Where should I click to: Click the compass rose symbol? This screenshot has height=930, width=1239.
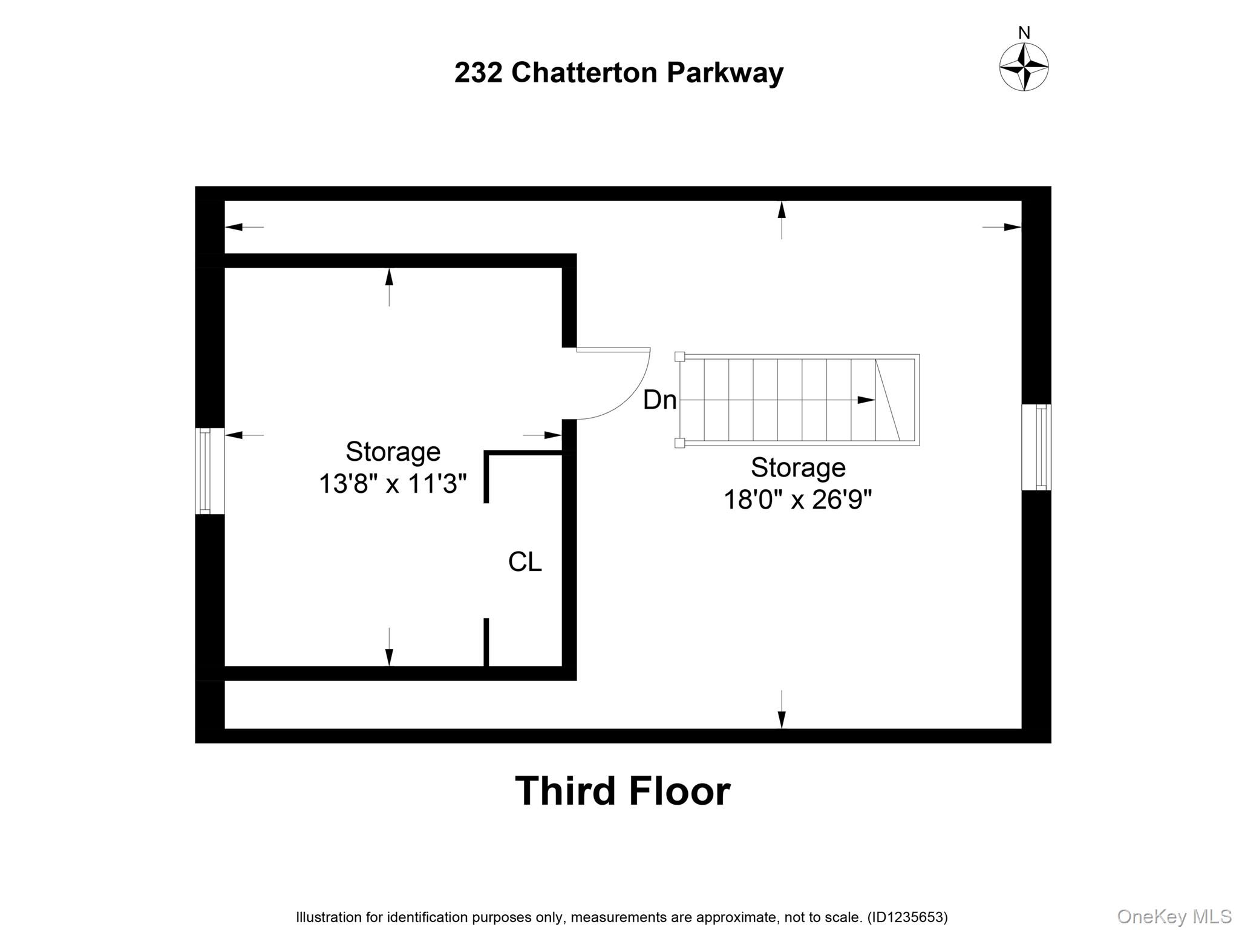click(x=1024, y=67)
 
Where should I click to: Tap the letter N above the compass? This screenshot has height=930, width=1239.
click(x=1024, y=33)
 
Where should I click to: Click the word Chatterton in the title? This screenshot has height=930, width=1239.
click(x=584, y=73)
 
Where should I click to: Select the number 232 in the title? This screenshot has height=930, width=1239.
click(x=479, y=73)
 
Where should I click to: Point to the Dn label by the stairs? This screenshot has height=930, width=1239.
click(x=659, y=400)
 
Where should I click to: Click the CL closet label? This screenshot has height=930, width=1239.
click(x=525, y=562)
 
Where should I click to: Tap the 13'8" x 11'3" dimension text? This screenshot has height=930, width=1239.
click(x=393, y=484)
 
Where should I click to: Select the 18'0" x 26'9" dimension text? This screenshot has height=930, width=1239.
click(x=797, y=500)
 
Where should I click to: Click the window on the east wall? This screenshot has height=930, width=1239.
click(x=1036, y=447)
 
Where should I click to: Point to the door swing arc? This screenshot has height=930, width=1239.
click(x=629, y=400)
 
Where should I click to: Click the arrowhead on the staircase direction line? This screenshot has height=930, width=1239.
click(x=866, y=400)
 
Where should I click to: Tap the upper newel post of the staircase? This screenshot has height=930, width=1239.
click(x=680, y=357)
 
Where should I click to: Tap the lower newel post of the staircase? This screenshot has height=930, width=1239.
click(x=680, y=443)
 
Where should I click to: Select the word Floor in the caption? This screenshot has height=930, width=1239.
click(x=679, y=791)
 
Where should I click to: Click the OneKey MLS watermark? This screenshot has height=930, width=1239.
click(x=1174, y=916)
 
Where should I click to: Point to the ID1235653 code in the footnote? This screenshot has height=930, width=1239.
click(x=907, y=917)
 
